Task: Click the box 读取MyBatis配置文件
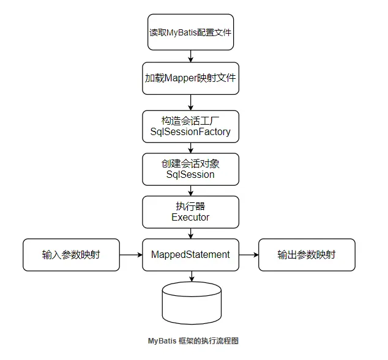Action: (x=191, y=32)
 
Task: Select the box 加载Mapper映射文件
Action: (x=191, y=78)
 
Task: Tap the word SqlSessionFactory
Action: (x=191, y=132)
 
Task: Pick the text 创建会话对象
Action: (x=191, y=163)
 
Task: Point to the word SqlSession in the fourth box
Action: (x=191, y=174)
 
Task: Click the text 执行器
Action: (x=191, y=206)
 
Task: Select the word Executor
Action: (x=191, y=217)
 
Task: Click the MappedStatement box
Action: (x=191, y=254)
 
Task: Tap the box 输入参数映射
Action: (x=71, y=254)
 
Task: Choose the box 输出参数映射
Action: (x=307, y=254)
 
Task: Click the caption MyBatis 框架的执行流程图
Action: (x=193, y=341)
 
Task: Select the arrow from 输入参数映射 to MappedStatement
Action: (x=131, y=254)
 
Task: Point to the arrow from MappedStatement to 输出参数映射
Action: (x=248, y=254)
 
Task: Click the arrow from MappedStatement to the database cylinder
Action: (x=192, y=276)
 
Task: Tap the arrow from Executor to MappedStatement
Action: (x=192, y=233)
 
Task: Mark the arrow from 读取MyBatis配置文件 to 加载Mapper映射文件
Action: (x=192, y=56)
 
